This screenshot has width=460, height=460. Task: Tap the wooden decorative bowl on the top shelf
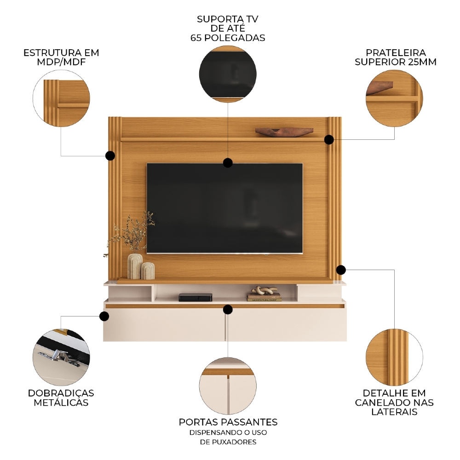[x=284, y=132]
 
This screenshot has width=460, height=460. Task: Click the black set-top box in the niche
[x=195, y=297]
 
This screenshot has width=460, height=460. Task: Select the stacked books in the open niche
[x=264, y=298]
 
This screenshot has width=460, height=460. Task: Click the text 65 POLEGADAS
[x=228, y=38]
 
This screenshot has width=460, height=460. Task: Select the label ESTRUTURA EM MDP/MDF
[x=61, y=57]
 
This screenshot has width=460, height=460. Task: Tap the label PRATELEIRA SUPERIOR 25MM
[x=396, y=57]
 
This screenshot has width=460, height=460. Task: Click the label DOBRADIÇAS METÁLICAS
[x=61, y=398]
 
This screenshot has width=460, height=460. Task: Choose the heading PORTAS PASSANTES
[x=228, y=422]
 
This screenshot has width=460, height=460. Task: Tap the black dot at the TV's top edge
[x=227, y=162]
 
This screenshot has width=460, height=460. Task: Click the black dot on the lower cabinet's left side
[x=104, y=316]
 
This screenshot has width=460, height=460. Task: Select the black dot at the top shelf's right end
[x=328, y=139]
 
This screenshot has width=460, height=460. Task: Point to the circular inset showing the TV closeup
[x=228, y=74]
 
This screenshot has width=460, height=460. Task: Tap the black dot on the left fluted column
[x=110, y=155]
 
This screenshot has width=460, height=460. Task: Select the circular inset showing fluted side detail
[x=394, y=357]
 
